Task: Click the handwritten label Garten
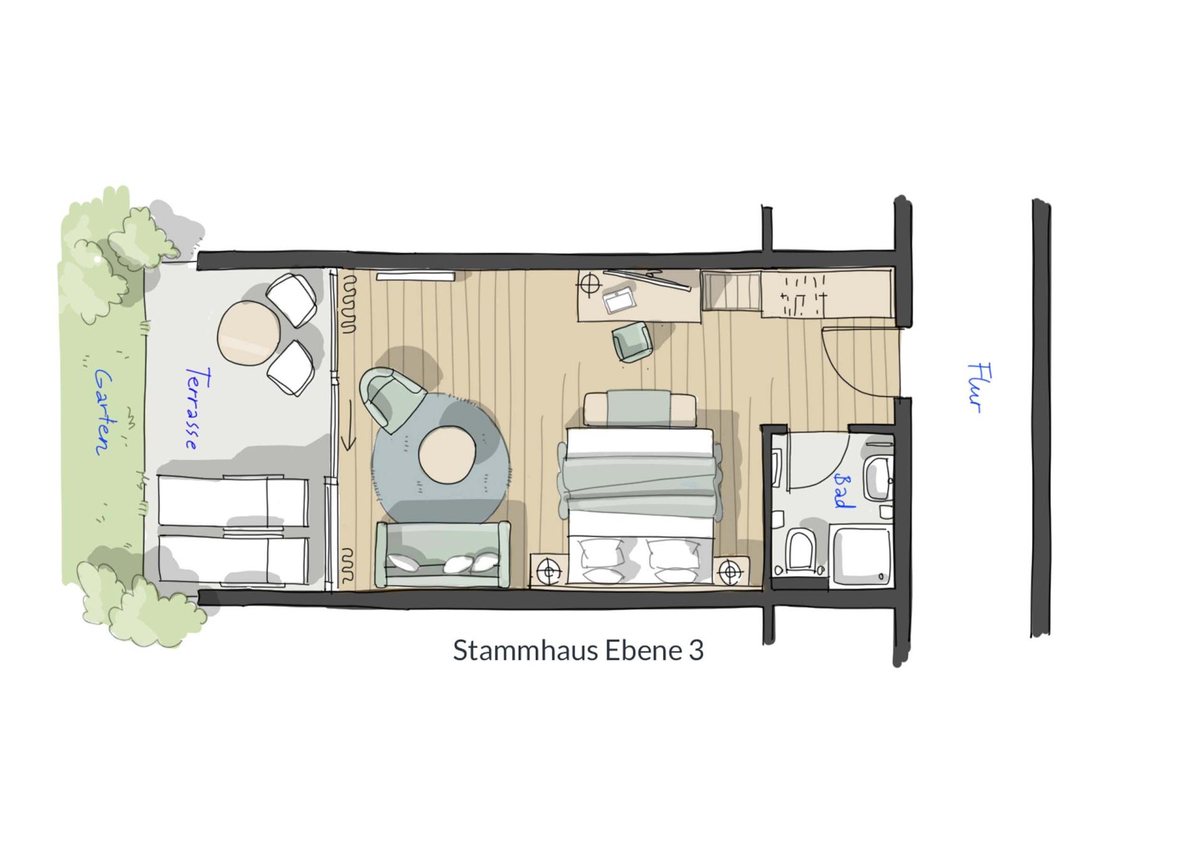coord(103,412)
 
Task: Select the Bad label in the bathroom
coord(843,490)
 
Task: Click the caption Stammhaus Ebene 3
coord(578,650)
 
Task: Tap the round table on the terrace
coord(249,333)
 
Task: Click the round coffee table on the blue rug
coord(446,454)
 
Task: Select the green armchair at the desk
coord(632,341)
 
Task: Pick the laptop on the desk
coord(619,301)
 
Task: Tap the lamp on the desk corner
coord(590,284)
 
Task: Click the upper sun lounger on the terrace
coord(232,501)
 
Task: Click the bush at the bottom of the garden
coord(142,601)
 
